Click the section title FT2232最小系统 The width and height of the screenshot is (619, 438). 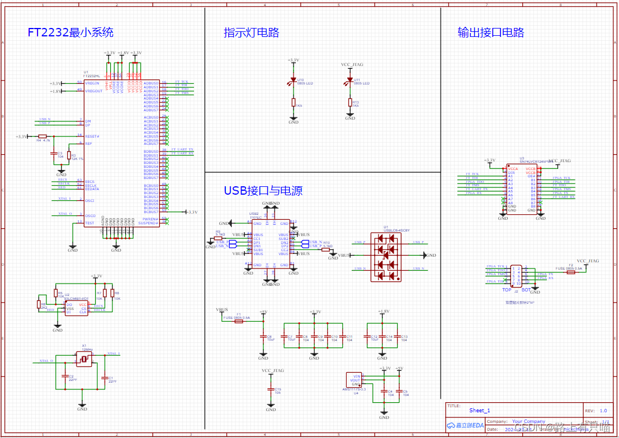pyautogui.click(x=70, y=32)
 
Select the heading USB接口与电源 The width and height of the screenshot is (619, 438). pyautogui.click(x=263, y=191)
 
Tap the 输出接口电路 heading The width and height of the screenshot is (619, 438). pyautogui.click(x=490, y=32)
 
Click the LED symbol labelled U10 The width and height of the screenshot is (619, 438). pyautogui.click(x=293, y=81)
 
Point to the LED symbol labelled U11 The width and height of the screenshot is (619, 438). pyautogui.click(x=350, y=82)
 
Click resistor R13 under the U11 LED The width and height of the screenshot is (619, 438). pyautogui.click(x=350, y=102)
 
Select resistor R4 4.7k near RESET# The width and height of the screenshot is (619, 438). pyautogui.click(x=42, y=136)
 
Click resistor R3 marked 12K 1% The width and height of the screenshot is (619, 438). pyautogui.click(x=69, y=156)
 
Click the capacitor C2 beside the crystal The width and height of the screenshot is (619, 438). pyautogui.click(x=65, y=377)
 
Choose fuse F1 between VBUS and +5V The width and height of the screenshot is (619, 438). pyautogui.click(x=239, y=322)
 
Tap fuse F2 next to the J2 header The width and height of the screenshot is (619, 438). pyautogui.click(x=571, y=272)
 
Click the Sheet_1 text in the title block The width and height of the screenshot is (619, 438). pyautogui.click(x=479, y=410)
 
